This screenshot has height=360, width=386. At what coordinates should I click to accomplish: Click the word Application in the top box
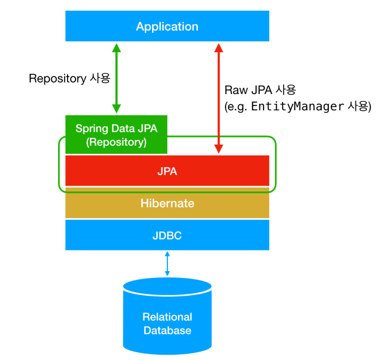point(167,27)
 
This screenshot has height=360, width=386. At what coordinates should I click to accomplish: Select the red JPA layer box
point(167,171)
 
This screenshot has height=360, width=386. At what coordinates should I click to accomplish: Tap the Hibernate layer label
point(167,203)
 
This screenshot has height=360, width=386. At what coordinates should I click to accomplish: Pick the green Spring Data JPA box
point(116,134)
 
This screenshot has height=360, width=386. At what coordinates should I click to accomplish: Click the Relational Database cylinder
point(167,317)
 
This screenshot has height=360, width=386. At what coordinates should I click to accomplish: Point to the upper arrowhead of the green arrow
point(116,47)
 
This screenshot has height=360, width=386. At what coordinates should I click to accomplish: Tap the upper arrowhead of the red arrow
point(219,47)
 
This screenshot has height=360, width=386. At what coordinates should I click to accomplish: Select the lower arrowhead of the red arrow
point(219,148)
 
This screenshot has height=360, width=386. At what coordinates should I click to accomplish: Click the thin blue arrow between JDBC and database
point(167,264)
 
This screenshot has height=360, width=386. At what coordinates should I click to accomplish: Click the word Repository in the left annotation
point(57,78)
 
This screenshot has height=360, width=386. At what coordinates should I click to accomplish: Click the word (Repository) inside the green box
point(116,142)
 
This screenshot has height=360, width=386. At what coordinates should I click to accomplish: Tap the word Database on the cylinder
point(167,330)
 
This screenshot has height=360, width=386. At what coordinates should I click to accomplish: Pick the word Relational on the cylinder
point(167,317)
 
